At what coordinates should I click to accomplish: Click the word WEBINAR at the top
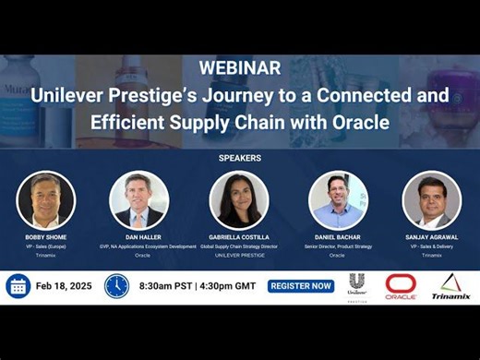239,68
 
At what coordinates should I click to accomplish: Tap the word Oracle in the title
353,122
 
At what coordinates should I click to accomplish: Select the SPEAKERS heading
239,158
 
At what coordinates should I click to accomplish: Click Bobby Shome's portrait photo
46,200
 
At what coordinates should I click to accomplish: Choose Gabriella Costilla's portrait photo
239,200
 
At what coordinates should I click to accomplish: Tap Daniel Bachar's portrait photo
338,200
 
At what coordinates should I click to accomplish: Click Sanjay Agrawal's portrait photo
431,200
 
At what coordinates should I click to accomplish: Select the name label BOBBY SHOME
45,237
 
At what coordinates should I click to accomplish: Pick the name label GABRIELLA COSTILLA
239,237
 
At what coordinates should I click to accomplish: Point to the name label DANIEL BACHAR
337,237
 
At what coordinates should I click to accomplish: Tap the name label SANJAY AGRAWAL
431,237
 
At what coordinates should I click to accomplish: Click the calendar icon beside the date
18,286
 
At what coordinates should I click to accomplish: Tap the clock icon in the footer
116,286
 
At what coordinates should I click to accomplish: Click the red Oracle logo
402,287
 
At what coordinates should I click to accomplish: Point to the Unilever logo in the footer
357,286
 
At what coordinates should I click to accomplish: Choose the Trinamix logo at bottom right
450,287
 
